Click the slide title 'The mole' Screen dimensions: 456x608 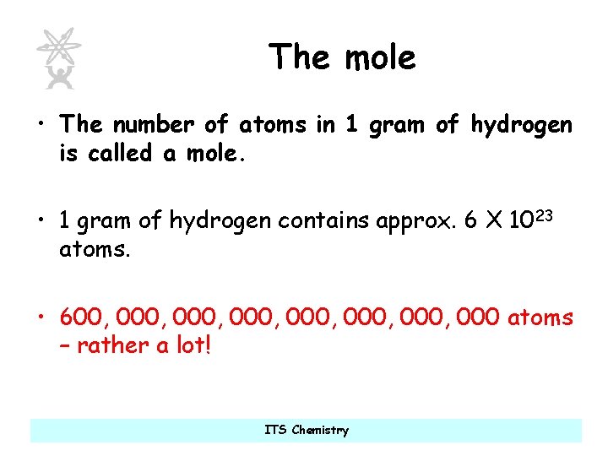[x=342, y=57]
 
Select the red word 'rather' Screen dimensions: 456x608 [x=112, y=346]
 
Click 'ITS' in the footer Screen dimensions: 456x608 [x=275, y=430]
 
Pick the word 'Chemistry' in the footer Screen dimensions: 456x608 [x=320, y=431]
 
